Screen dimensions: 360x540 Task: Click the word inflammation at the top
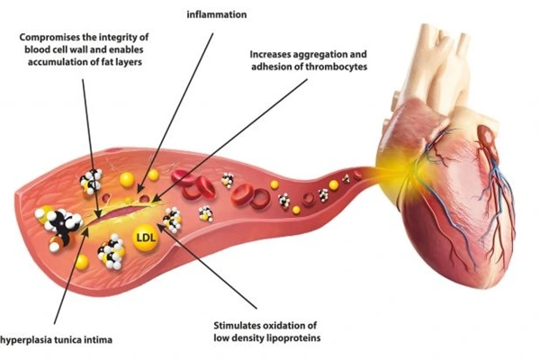[x=216, y=15]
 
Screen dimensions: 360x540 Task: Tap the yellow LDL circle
[x=144, y=238]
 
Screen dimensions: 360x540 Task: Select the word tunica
[x=85, y=339]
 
